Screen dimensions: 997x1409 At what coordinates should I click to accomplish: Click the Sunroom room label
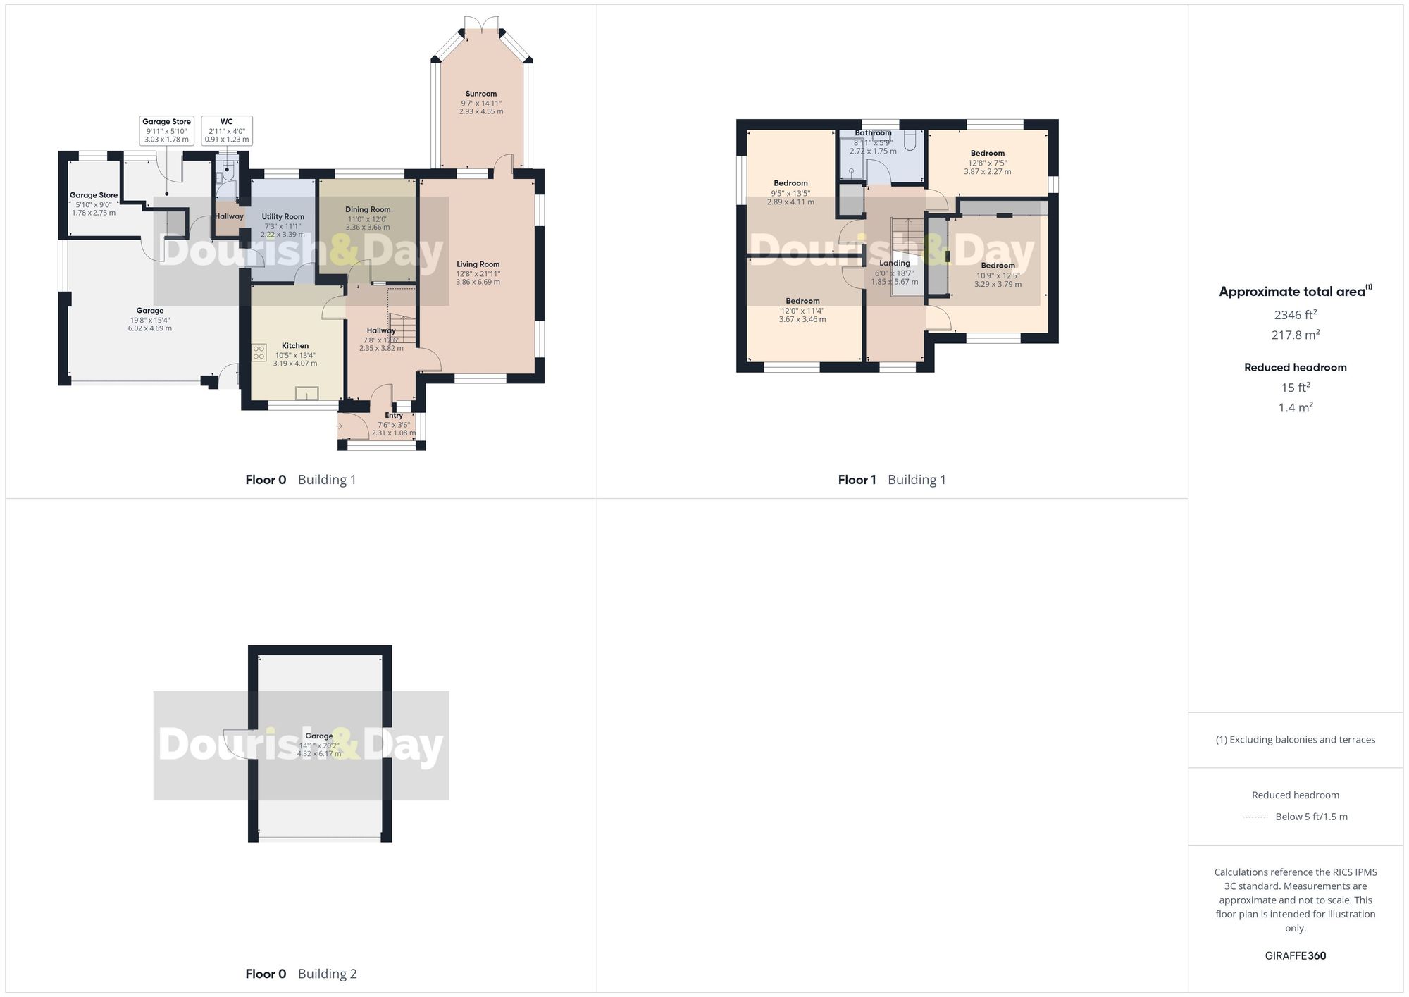coord(481,94)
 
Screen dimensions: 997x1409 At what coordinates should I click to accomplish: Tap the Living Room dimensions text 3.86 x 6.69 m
coord(478,282)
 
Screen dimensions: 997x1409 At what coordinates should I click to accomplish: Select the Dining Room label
coord(368,209)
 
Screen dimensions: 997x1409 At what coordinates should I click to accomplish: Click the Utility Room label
coord(283,217)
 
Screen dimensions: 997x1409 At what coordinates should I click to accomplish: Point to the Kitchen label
coord(295,346)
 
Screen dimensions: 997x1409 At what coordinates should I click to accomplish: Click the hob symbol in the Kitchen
coord(259,352)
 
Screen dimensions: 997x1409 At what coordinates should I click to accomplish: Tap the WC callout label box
coord(227,130)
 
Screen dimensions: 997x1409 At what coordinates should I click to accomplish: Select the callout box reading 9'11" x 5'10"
coord(166,130)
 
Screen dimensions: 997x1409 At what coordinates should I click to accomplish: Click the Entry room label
coord(394,416)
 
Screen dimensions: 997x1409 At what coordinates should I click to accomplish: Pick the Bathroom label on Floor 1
coord(873,132)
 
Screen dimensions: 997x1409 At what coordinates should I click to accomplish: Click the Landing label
coord(895,264)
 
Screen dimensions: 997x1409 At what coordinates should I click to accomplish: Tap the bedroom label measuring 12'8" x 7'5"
coord(987,154)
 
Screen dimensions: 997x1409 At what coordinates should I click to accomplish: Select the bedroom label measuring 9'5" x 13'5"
coord(790,183)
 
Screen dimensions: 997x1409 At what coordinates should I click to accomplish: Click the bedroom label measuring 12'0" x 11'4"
coord(802,301)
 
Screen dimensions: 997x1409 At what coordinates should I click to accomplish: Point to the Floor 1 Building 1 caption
coord(891,480)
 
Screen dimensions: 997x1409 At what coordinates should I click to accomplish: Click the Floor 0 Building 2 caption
coord(301,974)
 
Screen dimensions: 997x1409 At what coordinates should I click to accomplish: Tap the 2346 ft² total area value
coord(1295,315)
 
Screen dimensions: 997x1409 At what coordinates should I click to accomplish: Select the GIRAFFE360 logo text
coord(1295,956)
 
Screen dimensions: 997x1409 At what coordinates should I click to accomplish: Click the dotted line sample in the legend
coord(1255,817)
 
